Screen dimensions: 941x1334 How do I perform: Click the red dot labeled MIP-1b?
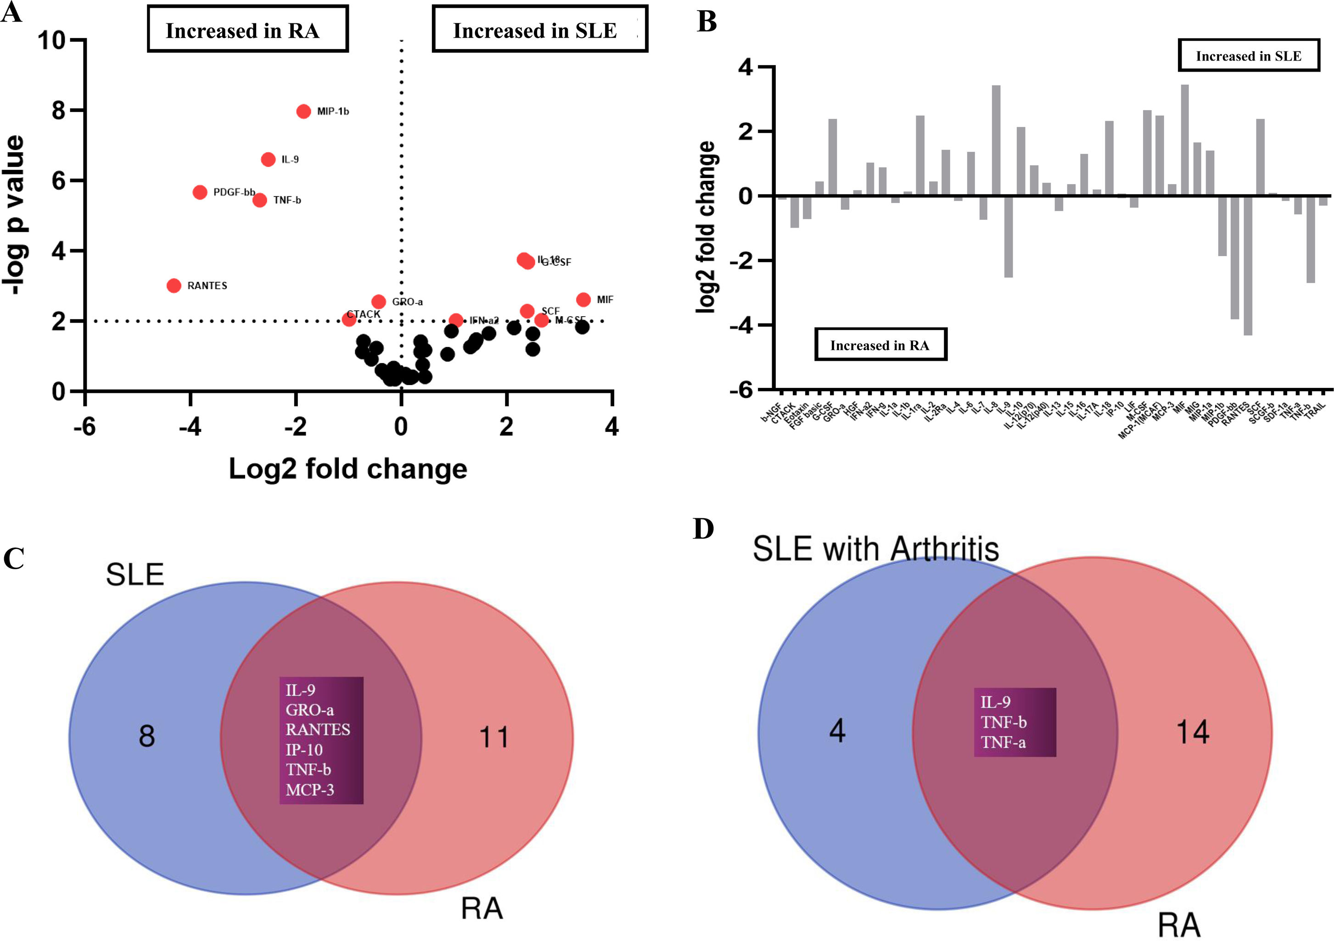pyautogui.click(x=303, y=111)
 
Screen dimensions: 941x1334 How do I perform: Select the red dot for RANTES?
pyautogui.click(x=174, y=285)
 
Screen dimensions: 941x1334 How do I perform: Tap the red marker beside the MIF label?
pyautogui.click(x=583, y=299)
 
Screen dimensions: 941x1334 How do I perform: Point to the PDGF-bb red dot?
pyautogui.click(x=200, y=192)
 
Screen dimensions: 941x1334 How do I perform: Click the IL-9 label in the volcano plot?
pyautogui.click(x=290, y=160)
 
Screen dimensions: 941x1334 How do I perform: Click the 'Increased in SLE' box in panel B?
pyautogui.click(x=1249, y=56)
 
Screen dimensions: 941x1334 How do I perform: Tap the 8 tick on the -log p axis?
pyautogui.click(x=59, y=110)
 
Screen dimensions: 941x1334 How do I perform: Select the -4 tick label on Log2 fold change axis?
pyautogui.click(x=190, y=427)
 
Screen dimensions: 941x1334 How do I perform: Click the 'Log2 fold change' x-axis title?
pyautogui.click(x=348, y=469)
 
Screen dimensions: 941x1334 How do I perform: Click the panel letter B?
pyautogui.click(x=706, y=22)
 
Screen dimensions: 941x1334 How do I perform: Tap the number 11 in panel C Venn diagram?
pyautogui.click(x=494, y=737)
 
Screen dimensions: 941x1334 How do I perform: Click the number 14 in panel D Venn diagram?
pyautogui.click(x=1192, y=732)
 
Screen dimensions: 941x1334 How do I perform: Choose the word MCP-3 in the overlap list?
pyautogui.click(x=310, y=790)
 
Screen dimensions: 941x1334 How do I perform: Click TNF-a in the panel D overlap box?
pyautogui.click(x=1003, y=742)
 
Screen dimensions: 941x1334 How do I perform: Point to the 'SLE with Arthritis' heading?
pyautogui.click(x=875, y=549)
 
